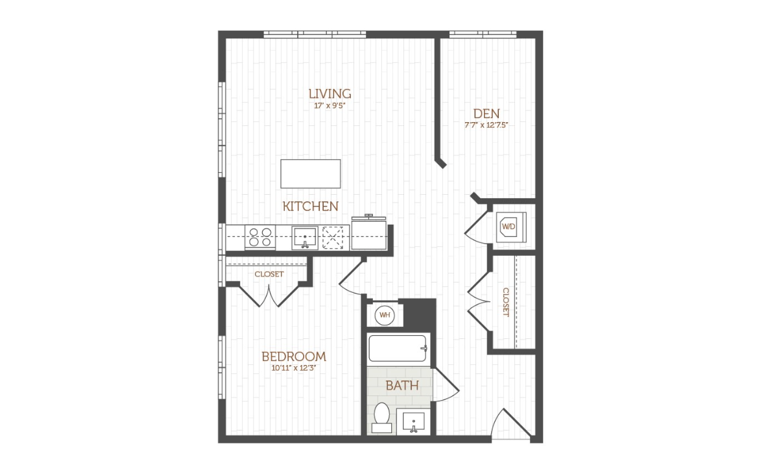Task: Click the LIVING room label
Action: click(330, 94)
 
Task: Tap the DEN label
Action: click(486, 114)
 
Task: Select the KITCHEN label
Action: click(311, 206)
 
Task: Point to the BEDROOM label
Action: click(294, 357)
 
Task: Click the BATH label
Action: click(402, 386)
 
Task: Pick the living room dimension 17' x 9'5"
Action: click(330, 105)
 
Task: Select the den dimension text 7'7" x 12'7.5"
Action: click(486, 125)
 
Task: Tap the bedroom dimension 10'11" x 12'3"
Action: click(294, 368)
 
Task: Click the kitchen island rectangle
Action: click(311, 173)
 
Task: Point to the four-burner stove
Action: click(260, 237)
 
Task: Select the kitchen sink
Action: click(305, 238)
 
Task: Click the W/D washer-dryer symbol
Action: click(509, 226)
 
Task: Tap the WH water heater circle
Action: click(385, 315)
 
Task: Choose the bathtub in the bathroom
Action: click(398, 349)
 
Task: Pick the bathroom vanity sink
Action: click(413, 421)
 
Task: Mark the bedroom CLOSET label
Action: click(269, 274)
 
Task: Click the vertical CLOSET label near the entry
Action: click(506, 302)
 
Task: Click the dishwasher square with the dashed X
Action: click(333, 238)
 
